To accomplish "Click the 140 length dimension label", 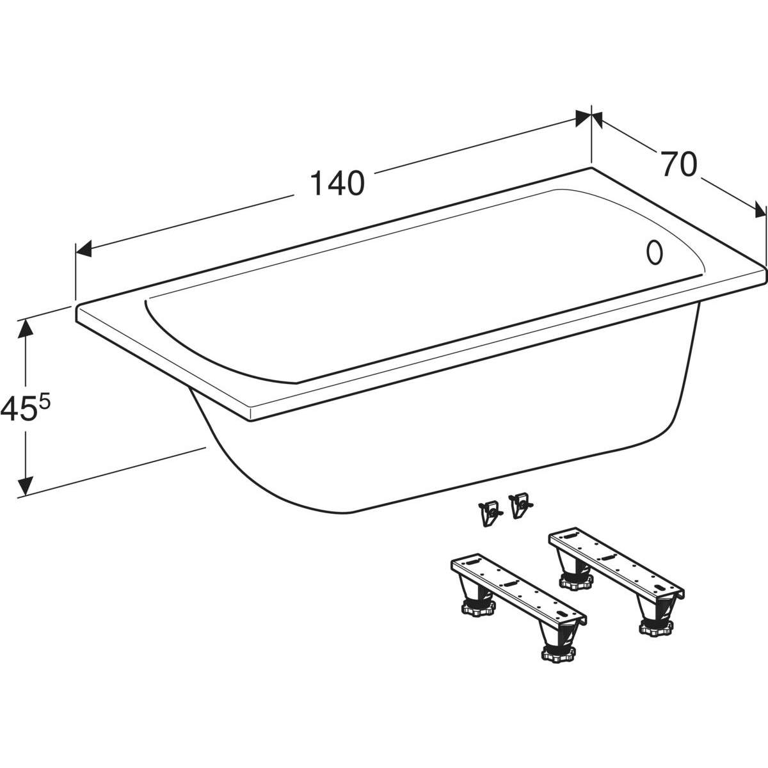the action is point(337,183).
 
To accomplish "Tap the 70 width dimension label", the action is point(680,164).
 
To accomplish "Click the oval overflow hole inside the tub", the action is point(654,252).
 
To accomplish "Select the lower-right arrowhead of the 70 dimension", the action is point(760,209).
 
